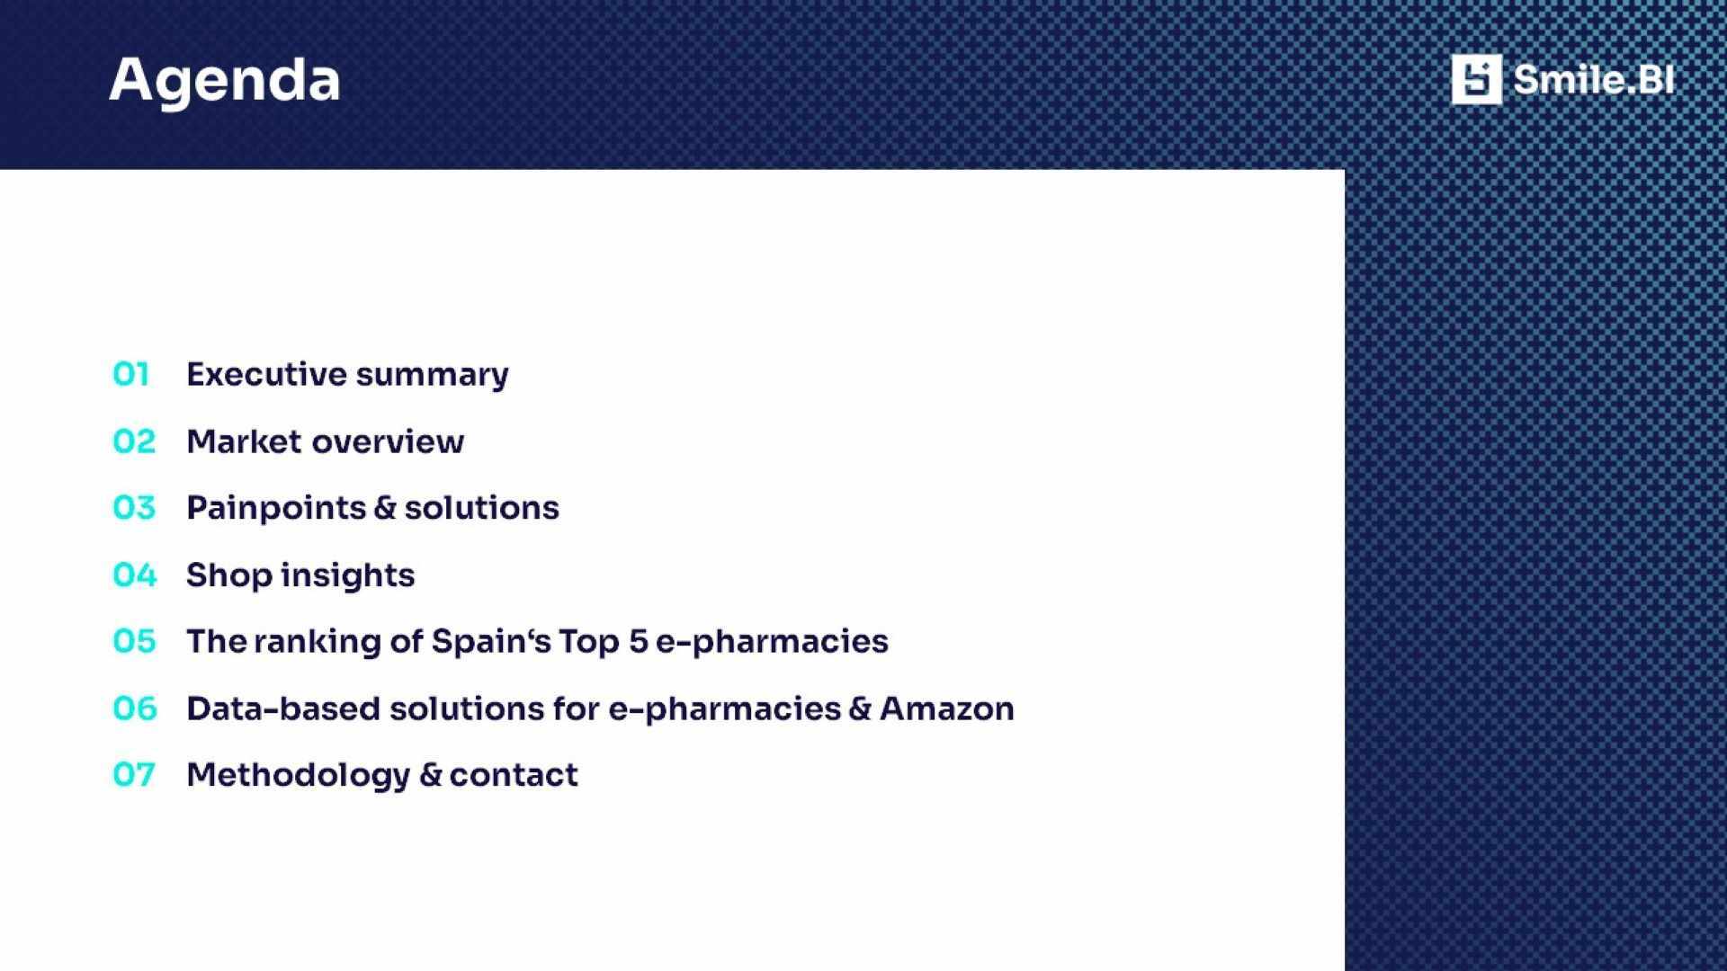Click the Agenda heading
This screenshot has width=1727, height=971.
tap(224, 81)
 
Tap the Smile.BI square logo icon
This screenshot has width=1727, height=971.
tap(1476, 79)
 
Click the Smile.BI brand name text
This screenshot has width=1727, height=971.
tap(1593, 79)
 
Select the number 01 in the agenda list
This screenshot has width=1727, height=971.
tap(131, 374)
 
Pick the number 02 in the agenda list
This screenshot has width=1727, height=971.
tap(134, 441)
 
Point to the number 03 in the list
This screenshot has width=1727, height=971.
tap(134, 508)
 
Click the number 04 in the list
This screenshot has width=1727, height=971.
tap(134, 575)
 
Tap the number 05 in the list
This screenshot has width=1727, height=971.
tap(134, 641)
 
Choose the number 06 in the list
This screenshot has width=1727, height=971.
tap(134, 708)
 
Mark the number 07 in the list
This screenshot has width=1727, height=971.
tap(134, 774)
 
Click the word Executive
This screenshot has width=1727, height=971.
tap(266, 374)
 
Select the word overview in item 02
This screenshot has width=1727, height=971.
tap(388, 441)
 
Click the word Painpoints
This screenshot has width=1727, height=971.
tap(275, 509)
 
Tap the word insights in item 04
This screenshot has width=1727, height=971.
tap(347, 575)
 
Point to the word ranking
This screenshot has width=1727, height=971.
tap(318, 642)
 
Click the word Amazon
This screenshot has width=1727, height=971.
tap(946, 708)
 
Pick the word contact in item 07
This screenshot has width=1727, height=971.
tap(513, 775)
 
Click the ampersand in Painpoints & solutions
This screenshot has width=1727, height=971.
tap(384, 508)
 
